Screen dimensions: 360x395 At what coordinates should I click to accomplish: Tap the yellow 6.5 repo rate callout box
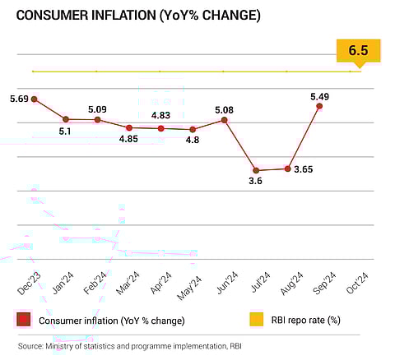pos(358,50)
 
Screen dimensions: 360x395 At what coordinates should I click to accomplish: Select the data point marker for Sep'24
pos(318,106)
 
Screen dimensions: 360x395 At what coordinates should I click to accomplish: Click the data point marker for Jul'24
pos(256,170)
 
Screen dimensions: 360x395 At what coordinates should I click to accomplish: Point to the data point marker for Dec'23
pos(33,99)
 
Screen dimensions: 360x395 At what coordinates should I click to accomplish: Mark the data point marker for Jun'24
pos(224,120)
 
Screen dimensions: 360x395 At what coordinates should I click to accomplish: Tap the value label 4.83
pos(161,114)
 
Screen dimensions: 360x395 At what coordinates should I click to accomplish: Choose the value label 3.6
pos(255,181)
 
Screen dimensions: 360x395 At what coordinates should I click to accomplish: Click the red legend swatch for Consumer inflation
pos(23,320)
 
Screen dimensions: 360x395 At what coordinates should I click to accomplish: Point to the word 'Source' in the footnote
pos(31,346)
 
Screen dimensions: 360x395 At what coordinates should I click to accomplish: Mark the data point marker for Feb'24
pos(97,120)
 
